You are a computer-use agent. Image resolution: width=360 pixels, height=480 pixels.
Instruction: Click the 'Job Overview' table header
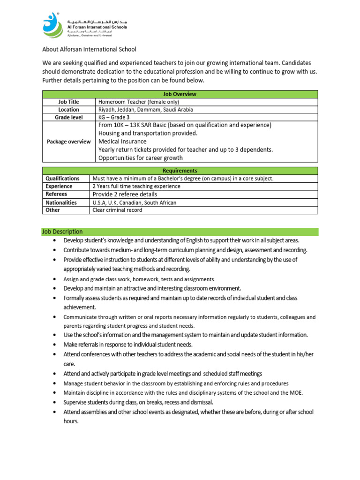(x=180, y=94)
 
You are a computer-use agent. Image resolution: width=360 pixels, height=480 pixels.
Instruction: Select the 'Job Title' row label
(x=68, y=102)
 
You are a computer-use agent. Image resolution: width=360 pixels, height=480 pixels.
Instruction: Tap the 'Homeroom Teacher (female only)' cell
(x=139, y=102)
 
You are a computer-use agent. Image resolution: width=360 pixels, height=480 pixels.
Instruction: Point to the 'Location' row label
(x=68, y=110)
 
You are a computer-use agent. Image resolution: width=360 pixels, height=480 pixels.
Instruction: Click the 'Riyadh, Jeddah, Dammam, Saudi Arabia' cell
(x=146, y=110)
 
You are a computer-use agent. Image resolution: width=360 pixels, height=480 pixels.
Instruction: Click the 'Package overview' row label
(x=68, y=142)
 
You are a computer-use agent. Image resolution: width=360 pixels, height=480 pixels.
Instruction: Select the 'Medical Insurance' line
(x=122, y=142)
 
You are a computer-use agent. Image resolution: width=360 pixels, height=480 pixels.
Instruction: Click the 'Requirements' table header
(x=180, y=171)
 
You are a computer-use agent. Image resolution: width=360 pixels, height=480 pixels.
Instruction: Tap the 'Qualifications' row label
(x=62, y=179)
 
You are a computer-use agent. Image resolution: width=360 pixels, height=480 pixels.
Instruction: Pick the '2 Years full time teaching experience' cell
(x=136, y=187)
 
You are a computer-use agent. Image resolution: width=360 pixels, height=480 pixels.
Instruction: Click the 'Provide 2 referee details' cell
(x=125, y=194)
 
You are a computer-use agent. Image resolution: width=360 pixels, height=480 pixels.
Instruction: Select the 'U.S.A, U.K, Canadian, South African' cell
(x=135, y=202)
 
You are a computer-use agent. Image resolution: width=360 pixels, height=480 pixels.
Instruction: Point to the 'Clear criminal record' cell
(x=117, y=210)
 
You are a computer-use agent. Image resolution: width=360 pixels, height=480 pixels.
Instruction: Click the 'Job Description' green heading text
(x=63, y=232)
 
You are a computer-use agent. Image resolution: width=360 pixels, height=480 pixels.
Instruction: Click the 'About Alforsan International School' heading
(x=90, y=49)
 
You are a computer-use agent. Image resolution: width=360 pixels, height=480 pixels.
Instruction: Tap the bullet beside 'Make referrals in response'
(x=55, y=345)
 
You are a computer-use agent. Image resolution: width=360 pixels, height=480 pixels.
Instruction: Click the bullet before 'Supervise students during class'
(x=55, y=402)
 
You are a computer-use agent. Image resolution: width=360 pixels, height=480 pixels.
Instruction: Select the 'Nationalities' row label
(x=61, y=202)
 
